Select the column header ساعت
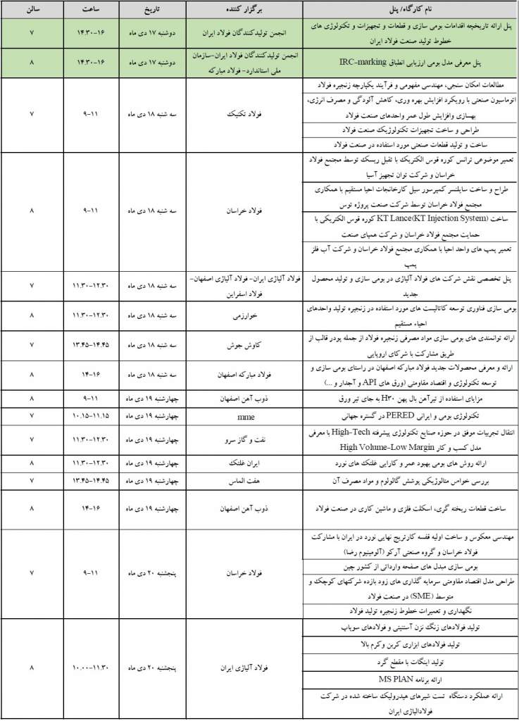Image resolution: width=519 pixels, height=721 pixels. (91, 11)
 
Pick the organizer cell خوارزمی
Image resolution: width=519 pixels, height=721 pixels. (244, 316)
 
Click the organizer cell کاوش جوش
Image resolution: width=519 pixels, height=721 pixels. (244, 346)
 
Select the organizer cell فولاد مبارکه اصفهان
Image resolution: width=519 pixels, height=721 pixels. (244, 375)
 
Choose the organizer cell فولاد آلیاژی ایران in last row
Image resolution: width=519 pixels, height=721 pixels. (244, 666)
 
